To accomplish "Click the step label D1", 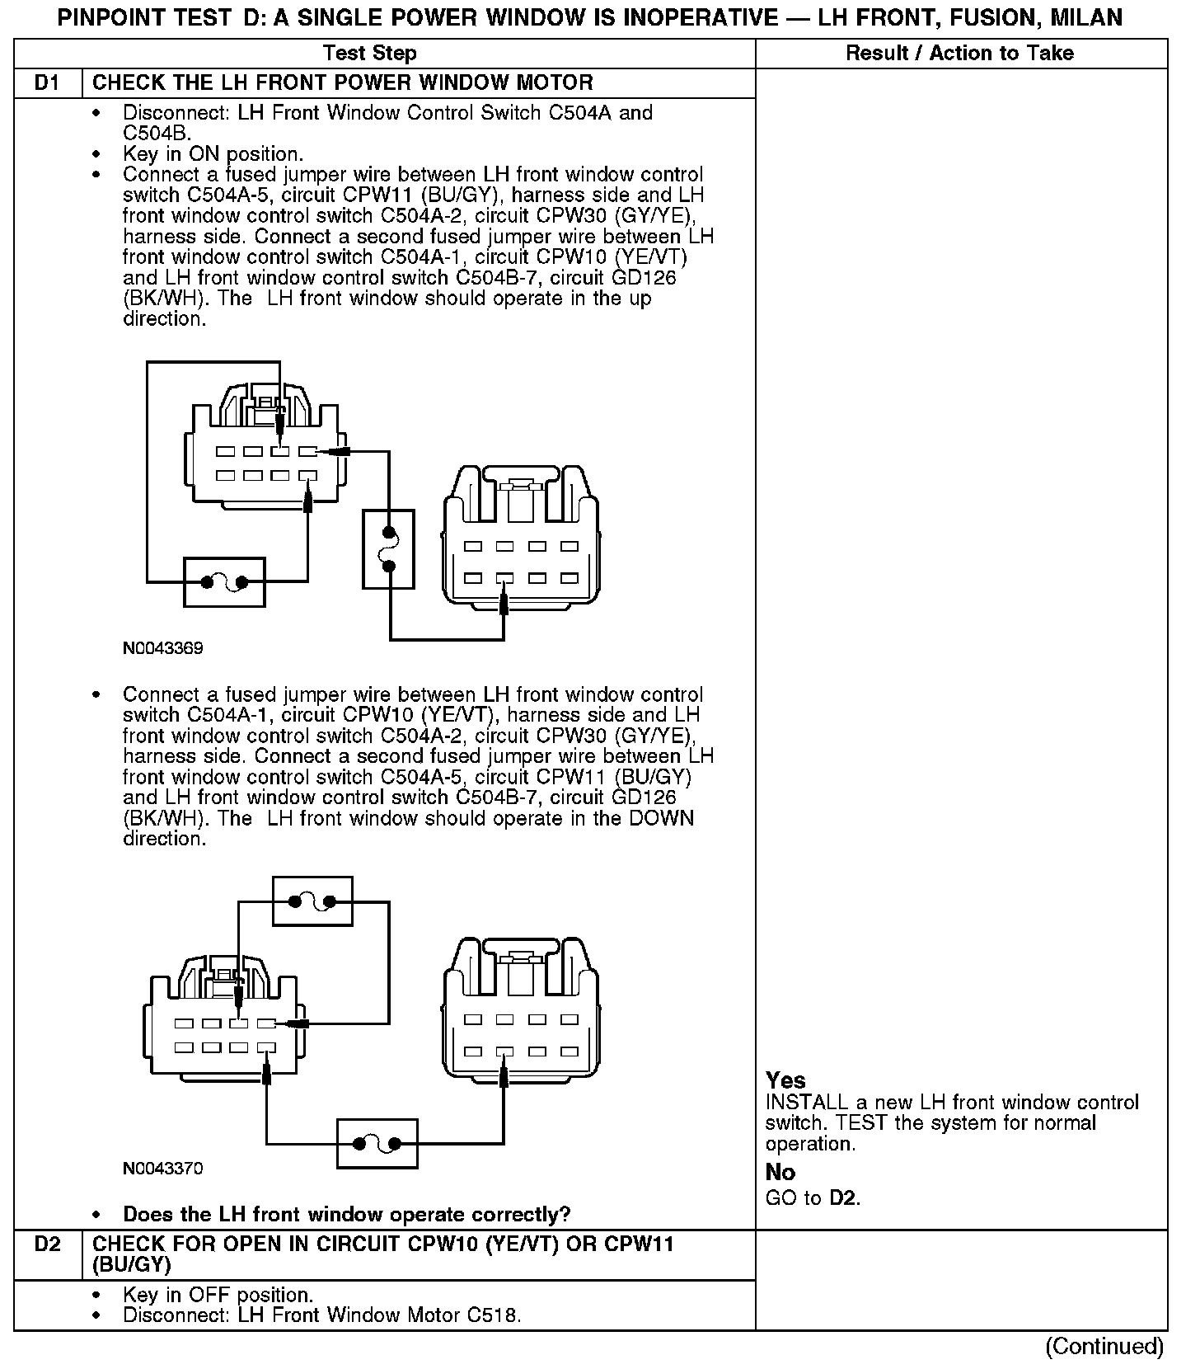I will click(48, 83).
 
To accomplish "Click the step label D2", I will click(48, 1244).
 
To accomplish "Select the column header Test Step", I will click(370, 54).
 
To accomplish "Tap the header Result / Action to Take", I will click(959, 54).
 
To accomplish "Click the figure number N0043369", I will click(162, 648).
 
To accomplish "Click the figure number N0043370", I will click(162, 1169).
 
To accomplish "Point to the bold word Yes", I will click(785, 1080).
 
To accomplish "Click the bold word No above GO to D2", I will click(780, 1173).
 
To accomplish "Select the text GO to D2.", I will click(813, 1198).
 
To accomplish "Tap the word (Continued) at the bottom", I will click(1104, 1347).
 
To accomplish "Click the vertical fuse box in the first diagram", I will click(388, 549).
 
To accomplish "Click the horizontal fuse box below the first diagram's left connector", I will click(224, 582).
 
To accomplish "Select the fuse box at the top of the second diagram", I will click(312, 901).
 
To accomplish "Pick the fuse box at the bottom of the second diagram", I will click(377, 1143).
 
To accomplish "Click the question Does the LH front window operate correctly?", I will click(346, 1215).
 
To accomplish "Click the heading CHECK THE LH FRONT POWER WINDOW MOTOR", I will click(343, 83).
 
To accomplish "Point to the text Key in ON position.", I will click(213, 154).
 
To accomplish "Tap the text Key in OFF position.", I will click(218, 1296).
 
